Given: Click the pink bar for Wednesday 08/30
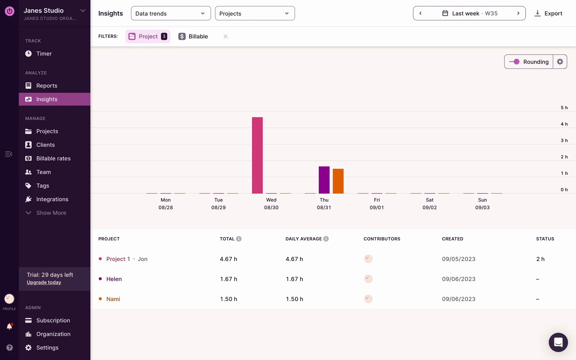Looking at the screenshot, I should tap(257, 155).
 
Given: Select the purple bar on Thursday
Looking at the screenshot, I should tap(324, 180).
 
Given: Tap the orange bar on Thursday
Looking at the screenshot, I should tap(338, 181).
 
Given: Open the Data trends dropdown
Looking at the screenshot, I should tap(171, 13).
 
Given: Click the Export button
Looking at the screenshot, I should tap(548, 13).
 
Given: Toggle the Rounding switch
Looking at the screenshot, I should tap(514, 62).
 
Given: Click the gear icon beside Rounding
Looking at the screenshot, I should tap(560, 62).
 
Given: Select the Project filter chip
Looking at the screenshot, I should tap(148, 36).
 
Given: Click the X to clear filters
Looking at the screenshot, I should tap(226, 36).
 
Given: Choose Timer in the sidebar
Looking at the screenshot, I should tap(44, 54).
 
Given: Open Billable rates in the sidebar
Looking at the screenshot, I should tap(53, 158).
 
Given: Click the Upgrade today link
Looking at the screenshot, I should tap(44, 282).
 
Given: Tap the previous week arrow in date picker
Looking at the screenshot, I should tap(421, 13).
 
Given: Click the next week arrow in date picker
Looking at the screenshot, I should tap(518, 13).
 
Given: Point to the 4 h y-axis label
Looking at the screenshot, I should tap(564, 124).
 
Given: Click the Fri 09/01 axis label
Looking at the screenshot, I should tap(377, 204).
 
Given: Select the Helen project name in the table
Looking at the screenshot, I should tap(114, 279).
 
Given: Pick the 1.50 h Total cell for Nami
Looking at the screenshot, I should tap(229, 299).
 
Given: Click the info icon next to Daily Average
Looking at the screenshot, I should tap(326, 239).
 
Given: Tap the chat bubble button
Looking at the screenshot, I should tap(558, 342).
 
